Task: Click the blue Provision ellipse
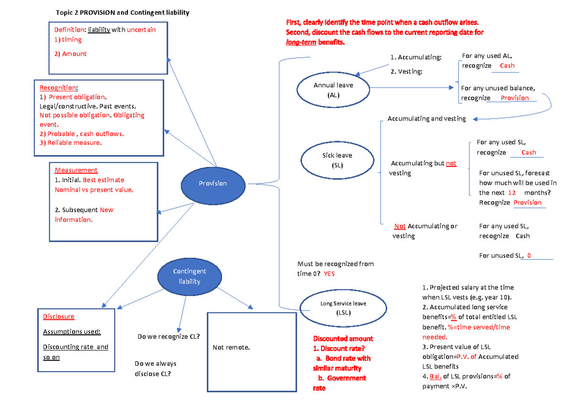[213, 184]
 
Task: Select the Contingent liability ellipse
[190, 276]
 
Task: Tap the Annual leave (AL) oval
[333, 90]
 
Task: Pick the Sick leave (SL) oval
[337, 160]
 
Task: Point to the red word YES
[329, 274]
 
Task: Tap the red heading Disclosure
[59, 317]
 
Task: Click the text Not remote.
[231, 348]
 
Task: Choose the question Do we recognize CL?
[168, 337]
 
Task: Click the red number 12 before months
[512, 193]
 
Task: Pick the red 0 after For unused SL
[529, 256]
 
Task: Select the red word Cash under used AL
[507, 66]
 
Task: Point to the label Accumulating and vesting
[426, 119]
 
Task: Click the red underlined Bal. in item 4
[435, 376]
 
